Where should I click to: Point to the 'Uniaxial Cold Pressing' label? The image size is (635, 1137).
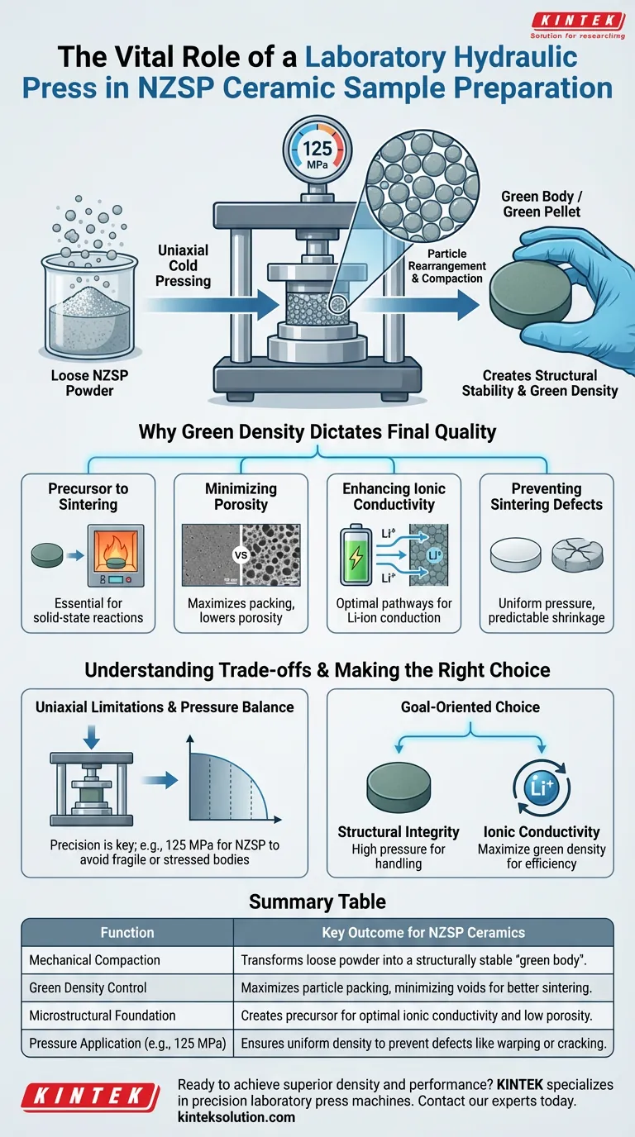point(183,265)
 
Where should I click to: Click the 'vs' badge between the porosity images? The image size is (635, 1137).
point(241,555)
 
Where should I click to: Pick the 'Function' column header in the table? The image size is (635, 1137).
point(127,932)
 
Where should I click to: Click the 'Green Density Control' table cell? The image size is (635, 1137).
point(89,987)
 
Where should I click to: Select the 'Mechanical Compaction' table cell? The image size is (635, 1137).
point(94,960)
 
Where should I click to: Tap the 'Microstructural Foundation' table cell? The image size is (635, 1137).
point(103,1015)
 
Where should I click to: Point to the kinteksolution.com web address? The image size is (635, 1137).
point(236,1117)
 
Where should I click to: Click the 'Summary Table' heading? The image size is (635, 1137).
point(317,902)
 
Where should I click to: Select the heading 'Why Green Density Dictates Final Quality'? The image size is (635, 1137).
point(317,431)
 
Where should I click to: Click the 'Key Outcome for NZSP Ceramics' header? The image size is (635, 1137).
point(423,932)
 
